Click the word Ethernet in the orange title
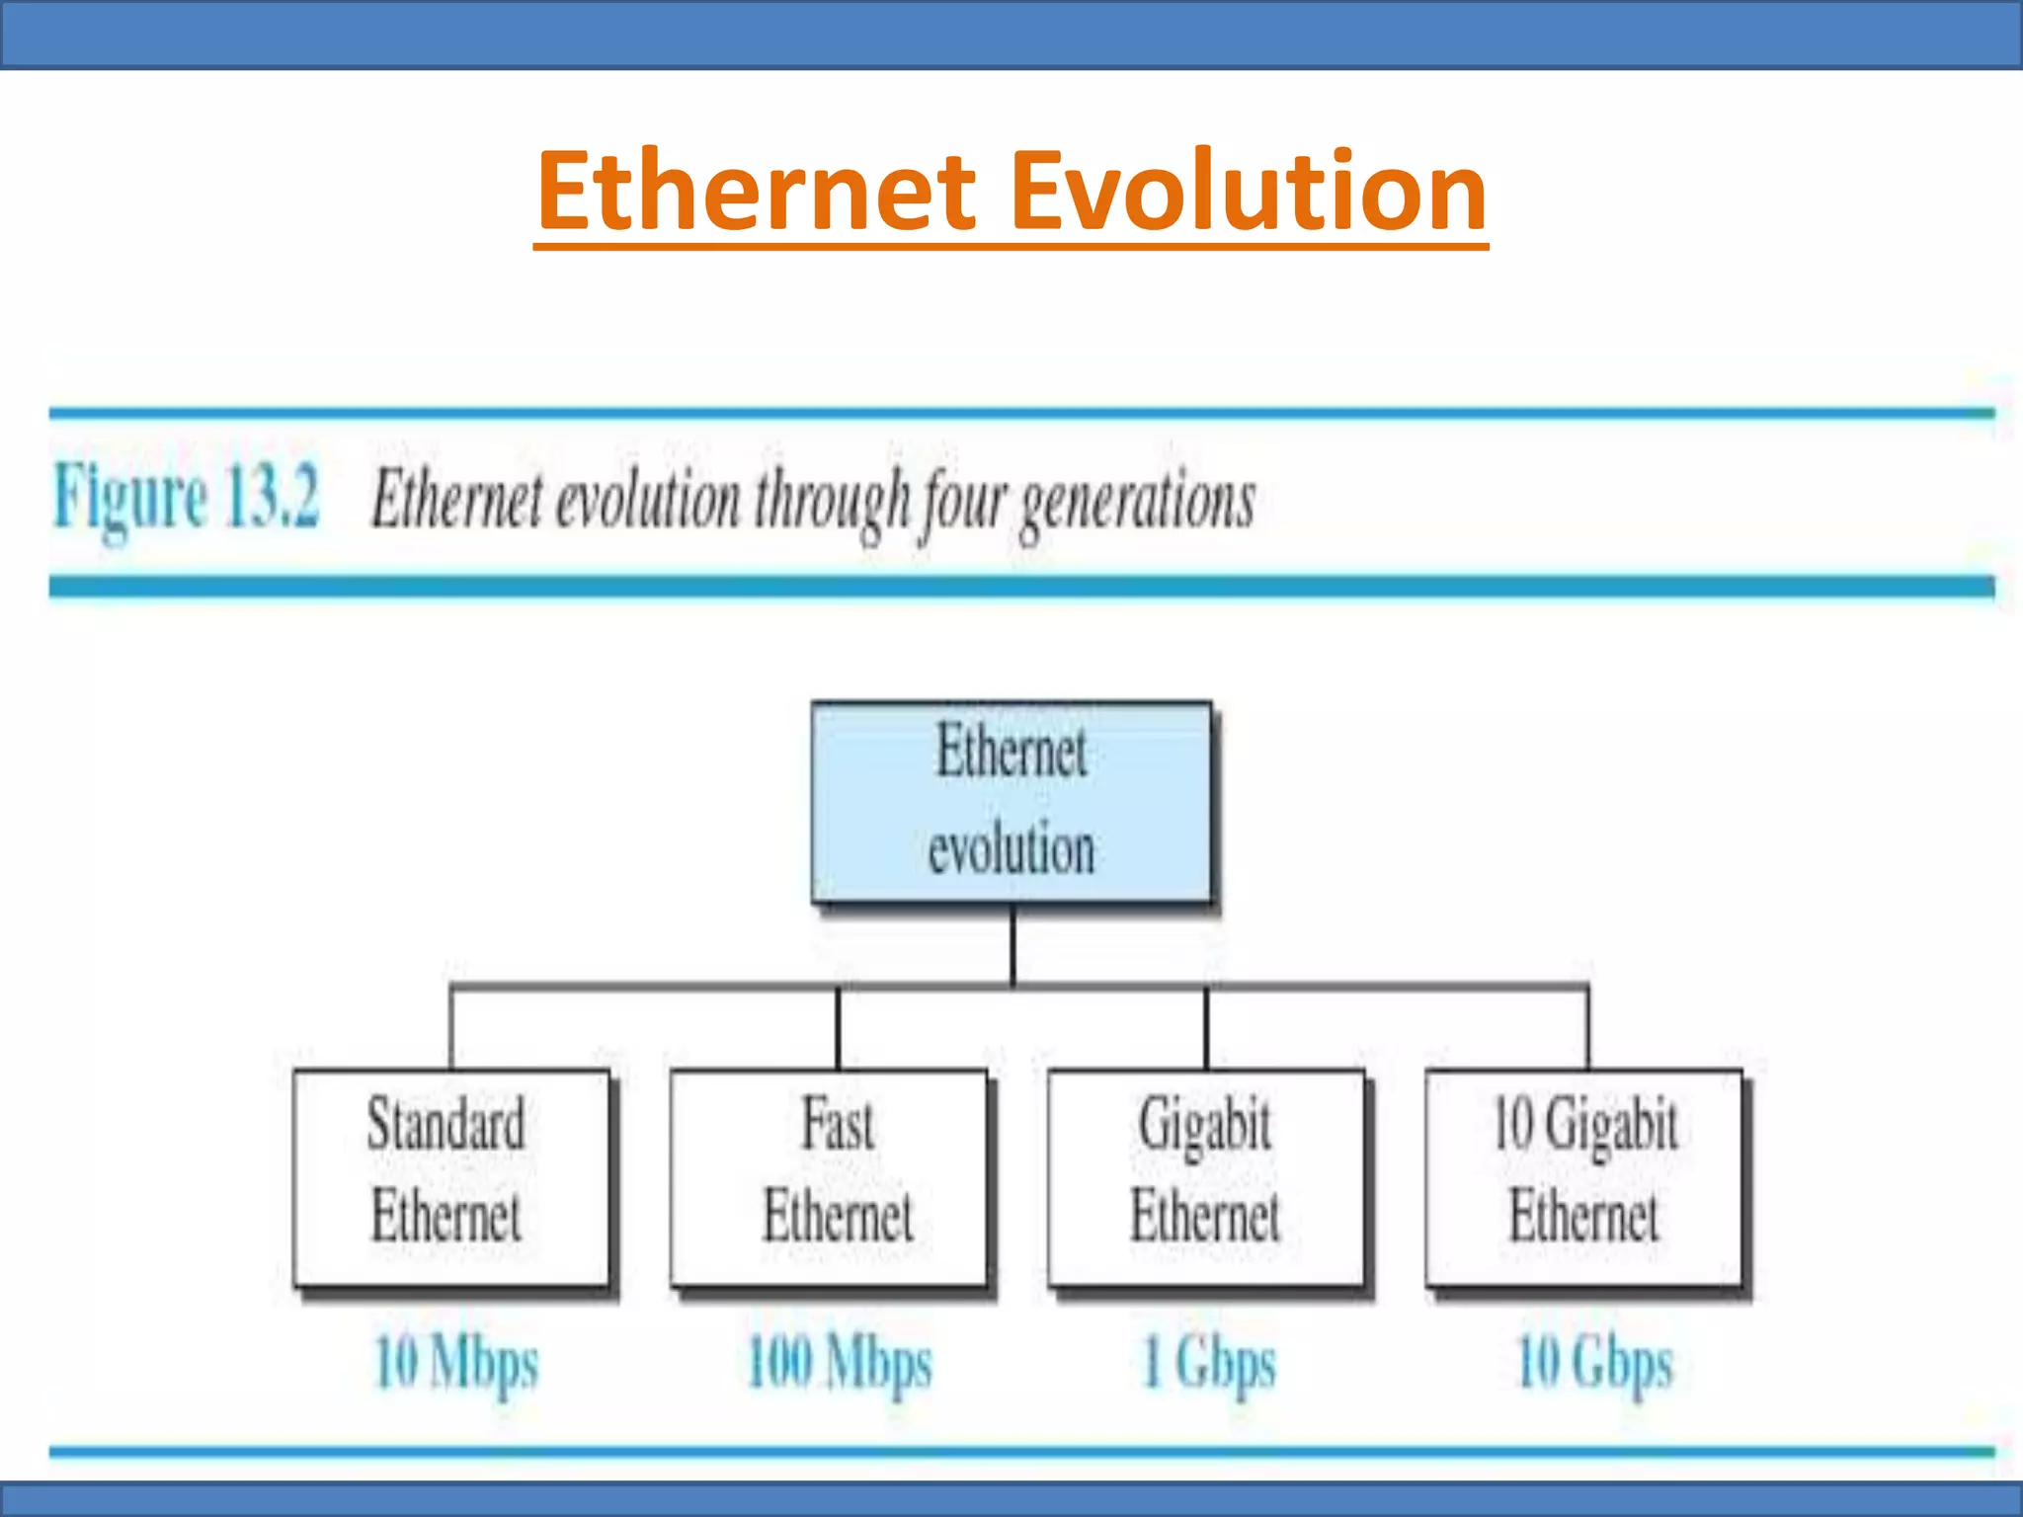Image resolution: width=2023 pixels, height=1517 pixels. click(757, 190)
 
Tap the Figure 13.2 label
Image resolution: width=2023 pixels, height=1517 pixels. click(187, 497)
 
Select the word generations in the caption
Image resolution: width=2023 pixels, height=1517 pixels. click(1137, 502)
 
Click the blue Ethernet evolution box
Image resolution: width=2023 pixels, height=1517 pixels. click(1011, 802)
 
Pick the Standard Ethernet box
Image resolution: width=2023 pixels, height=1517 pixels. click(450, 1177)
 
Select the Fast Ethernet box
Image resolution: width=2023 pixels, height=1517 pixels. click(828, 1177)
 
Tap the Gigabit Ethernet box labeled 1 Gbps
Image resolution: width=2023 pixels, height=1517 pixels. click(1205, 1177)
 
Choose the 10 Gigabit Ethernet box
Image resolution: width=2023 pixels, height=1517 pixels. click(1583, 1177)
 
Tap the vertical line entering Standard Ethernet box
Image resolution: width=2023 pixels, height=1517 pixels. click(451, 1028)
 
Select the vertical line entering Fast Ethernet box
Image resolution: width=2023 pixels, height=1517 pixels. click(839, 1028)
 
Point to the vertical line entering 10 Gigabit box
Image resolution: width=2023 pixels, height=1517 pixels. click(1588, 1028)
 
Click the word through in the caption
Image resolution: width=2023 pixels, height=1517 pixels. click(832, 502)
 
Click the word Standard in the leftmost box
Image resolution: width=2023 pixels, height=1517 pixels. click(445, 1124)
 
